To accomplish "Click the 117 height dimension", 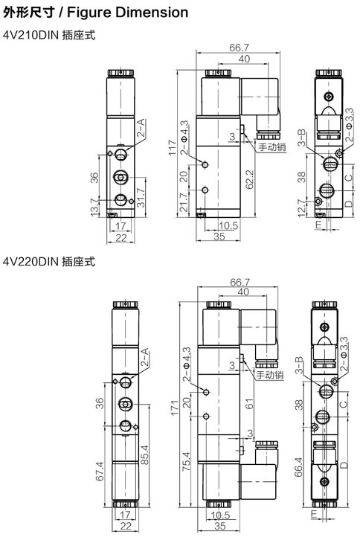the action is click(x=173, y=147).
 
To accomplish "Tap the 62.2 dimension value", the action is click(x=250, y=179).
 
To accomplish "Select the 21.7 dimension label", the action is click(x=184, y=202).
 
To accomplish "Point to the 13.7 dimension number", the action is click(x=94, y=208).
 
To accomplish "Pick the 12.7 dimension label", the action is click(x=301, y=208).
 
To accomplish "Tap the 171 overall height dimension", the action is click(x=175, y=408).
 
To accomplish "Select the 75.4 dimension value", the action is click(x=186, y=461).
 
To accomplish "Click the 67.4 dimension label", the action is click(x=100, y=472).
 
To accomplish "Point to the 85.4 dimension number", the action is click(x=145, y=454).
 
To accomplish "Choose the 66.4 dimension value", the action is click(x=298, y=467).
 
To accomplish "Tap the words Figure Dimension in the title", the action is click(x=127, y=13).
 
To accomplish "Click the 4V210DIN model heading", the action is click(x=31, y=35).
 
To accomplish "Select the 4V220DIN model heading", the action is click(x=31, y=262).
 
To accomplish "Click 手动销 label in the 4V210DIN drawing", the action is click(x=272, y=147).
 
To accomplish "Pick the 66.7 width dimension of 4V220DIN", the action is click(x=240, y=282).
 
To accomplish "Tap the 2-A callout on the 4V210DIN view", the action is click(x=141, y=128).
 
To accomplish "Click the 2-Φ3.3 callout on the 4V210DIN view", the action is click(x=349, y=125).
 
